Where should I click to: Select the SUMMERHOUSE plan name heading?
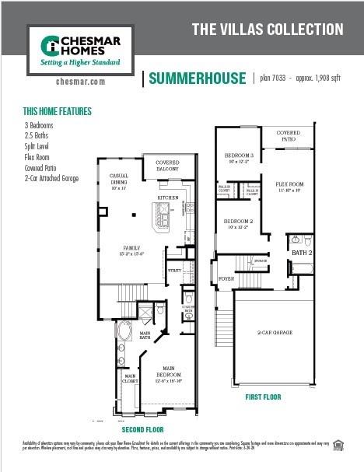coord(195,78)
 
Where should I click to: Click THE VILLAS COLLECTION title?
coord(267,30)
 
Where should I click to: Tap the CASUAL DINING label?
coord(119,180)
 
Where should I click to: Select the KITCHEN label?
coord(169,198)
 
